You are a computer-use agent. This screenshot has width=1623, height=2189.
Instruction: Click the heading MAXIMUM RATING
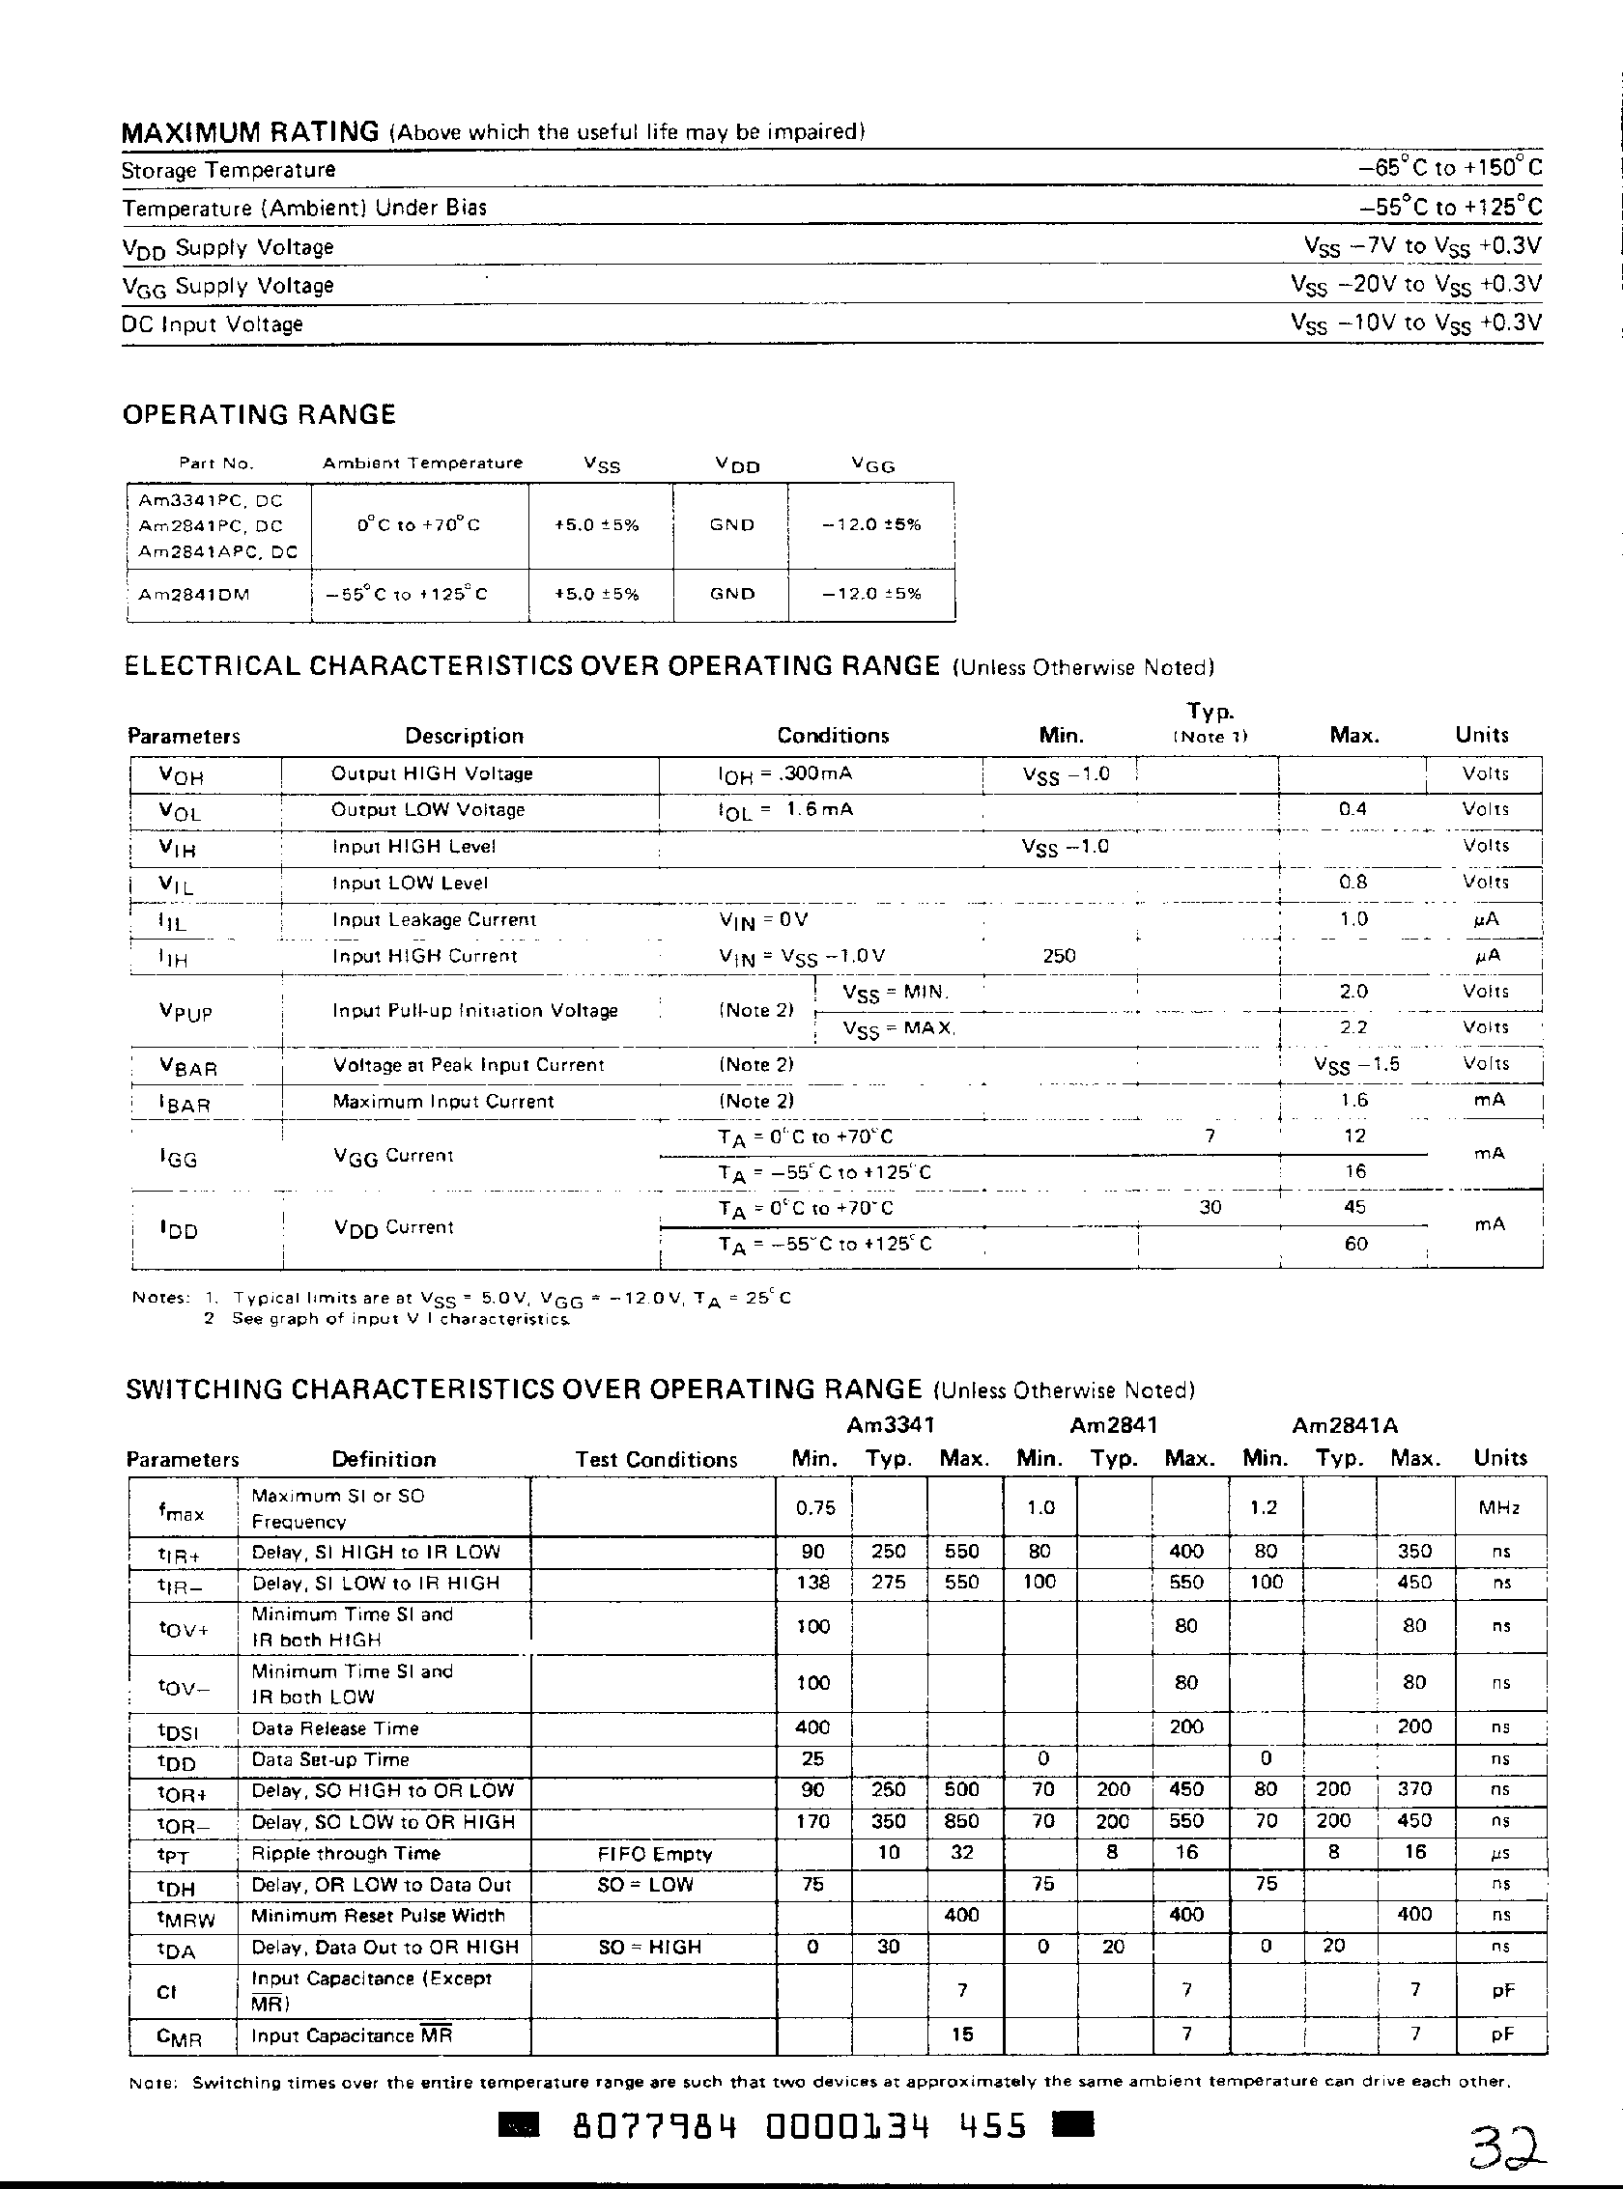point(249,131)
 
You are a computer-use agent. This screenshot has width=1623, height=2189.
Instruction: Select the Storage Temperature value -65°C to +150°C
point(1450,168)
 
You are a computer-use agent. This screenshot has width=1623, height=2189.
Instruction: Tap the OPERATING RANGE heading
point(258,414)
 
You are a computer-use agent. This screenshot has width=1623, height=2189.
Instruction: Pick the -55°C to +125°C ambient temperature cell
point(419,594)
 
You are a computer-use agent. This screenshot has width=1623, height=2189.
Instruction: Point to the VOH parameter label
point(181,775)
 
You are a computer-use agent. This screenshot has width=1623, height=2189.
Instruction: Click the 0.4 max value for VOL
point(1352,809)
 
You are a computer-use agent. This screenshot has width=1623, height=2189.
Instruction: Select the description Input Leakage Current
point(434,920)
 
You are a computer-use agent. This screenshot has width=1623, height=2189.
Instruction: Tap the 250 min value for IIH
point(1059,956)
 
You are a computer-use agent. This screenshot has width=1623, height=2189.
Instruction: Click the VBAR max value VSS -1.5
point(1355,1064)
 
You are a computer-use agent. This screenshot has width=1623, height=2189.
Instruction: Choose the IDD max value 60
point(1355,1245)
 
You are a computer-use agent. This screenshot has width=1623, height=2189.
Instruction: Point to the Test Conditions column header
point(655,1459)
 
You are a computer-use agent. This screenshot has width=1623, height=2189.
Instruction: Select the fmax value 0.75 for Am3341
point(815,1507)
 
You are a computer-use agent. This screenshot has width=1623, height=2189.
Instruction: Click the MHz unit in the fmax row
point(1498,1508)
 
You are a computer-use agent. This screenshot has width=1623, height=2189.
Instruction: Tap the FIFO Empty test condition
point(654,1854)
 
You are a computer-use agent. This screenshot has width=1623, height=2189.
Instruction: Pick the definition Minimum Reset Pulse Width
point(378,1916)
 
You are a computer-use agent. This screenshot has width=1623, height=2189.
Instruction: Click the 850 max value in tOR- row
point(961,1822)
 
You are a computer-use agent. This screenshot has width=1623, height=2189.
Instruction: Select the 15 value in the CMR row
point(962,2035)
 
